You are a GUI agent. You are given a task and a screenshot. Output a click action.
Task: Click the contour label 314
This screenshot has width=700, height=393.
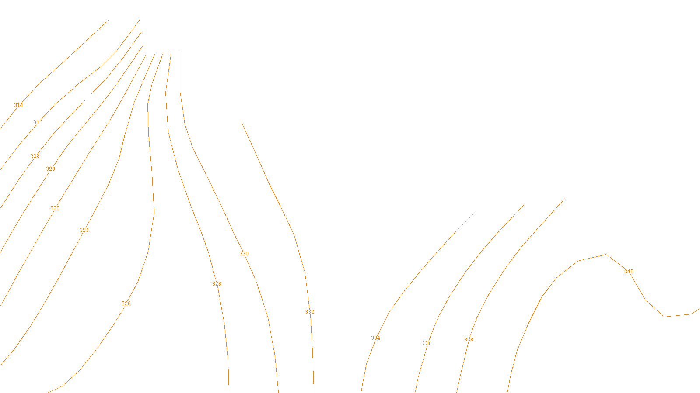coord(18,105)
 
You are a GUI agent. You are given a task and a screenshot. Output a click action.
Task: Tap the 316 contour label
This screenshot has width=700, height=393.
coord(38,122)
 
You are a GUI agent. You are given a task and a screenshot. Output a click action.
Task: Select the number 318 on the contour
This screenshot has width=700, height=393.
coord(35,156)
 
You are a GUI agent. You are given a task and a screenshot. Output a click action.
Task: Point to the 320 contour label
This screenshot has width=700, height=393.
coord(51,169)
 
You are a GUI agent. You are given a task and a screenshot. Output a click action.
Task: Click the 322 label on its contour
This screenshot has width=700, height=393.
coord(55,208)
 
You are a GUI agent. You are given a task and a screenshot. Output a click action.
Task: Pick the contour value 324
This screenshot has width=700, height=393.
coord(84,230)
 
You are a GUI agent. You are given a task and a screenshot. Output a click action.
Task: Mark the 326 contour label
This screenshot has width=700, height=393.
coord(126,303)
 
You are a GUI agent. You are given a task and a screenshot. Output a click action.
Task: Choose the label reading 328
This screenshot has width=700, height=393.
coord(217,284)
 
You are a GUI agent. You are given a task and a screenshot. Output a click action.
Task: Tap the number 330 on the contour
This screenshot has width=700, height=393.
coord(244,254)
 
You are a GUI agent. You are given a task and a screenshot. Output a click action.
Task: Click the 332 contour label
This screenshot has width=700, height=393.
coord(309,312)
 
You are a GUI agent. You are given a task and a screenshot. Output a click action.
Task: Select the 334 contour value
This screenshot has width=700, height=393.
coord(375,338)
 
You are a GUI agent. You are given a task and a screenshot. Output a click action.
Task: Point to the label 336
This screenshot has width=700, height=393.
coord(427,343)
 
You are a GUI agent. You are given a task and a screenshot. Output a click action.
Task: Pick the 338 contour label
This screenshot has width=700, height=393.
coord(469,340)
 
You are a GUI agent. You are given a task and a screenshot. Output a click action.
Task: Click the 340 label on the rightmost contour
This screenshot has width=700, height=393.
coord(629,272)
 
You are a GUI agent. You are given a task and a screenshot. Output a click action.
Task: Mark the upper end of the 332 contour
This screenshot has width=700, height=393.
coord(242,123)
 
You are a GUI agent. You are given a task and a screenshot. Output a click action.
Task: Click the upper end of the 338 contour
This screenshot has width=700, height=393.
coord(524,205)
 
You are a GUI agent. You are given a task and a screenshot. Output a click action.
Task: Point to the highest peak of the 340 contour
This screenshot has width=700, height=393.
coord(606,254)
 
